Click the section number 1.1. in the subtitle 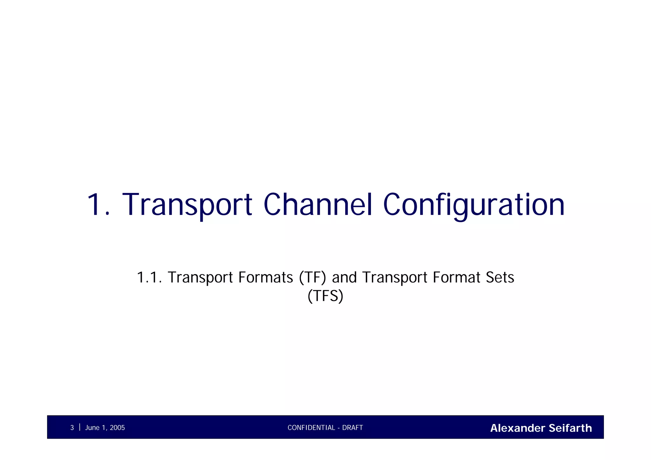149,277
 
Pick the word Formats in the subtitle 265,277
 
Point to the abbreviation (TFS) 325,296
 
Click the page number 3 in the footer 72,428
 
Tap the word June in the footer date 92,428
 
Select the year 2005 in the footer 117,428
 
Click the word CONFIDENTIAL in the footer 311,428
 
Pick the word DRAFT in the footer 353,428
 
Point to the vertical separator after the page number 79,427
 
